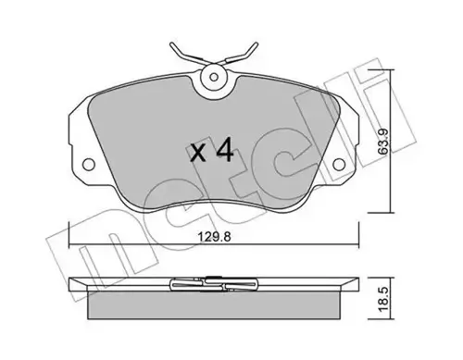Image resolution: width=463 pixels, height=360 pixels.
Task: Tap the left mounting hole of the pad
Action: point(90,168)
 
